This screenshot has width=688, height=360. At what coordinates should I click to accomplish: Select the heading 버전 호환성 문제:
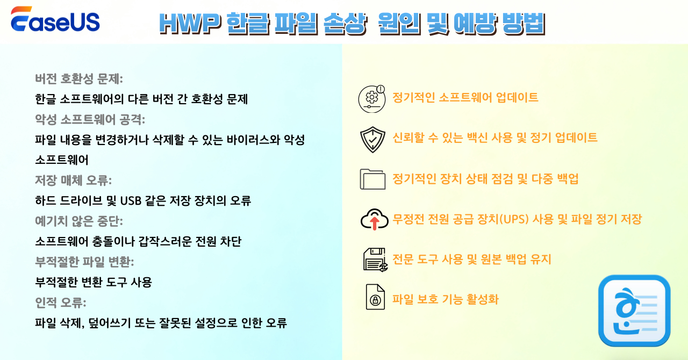79,79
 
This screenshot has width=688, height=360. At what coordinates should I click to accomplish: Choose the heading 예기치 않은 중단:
79,221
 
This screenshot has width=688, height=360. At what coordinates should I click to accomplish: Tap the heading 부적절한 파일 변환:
84,262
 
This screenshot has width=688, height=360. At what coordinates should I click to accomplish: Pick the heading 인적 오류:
60,303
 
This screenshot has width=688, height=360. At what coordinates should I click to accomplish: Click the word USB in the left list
132,201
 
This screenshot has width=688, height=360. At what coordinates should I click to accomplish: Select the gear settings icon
372,98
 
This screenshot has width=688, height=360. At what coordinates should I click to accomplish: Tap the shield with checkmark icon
372,139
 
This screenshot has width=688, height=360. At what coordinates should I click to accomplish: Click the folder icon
372,179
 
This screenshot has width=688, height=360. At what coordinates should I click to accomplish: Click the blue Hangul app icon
634,311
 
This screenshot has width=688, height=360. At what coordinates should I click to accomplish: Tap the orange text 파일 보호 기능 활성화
446,299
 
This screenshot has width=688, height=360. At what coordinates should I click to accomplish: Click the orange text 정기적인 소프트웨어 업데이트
465,98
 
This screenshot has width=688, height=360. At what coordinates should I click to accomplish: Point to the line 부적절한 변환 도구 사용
94,282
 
